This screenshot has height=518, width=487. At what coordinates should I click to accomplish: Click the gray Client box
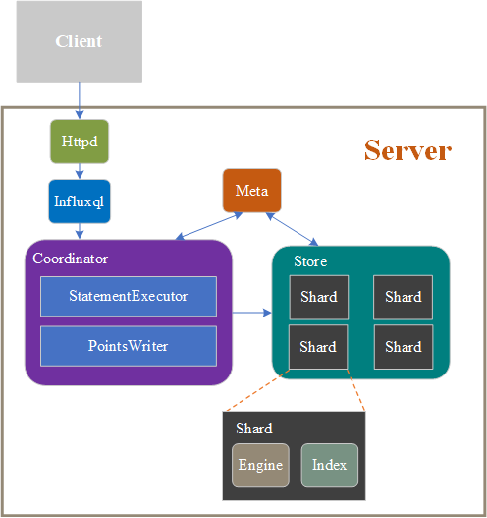[x=79, y=41]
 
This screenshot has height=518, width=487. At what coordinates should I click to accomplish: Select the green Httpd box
[x=79, y=142]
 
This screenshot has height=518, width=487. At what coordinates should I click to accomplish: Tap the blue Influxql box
[x=79, y=201]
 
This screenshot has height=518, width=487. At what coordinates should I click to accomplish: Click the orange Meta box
[x=251, y=190]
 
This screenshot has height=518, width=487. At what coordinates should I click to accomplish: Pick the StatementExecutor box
[x=128, y=296]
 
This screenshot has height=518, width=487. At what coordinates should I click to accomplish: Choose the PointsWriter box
[x=128, y=346]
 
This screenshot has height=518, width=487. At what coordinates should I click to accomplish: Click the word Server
[x=407, y=150]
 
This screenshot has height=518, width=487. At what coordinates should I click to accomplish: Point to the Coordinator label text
[x=71, y=259]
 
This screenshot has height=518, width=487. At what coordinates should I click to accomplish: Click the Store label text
[x=310, y=261]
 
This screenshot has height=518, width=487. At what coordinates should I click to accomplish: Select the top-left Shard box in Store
[x=318, y=297]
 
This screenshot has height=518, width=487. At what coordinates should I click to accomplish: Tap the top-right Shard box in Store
[x=403, y=297]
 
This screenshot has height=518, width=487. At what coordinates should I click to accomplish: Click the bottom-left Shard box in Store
[x=318, y=347]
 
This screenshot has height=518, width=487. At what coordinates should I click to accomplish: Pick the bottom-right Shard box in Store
[x=403, y=347]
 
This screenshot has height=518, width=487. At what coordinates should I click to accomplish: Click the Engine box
[x=260, y=465]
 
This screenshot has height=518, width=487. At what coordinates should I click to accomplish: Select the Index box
[x=329, y=465]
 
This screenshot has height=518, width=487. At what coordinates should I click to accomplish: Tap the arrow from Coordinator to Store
[x=251, y=313]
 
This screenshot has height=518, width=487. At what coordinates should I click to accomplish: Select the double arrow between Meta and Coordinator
[x=208, y=226]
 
